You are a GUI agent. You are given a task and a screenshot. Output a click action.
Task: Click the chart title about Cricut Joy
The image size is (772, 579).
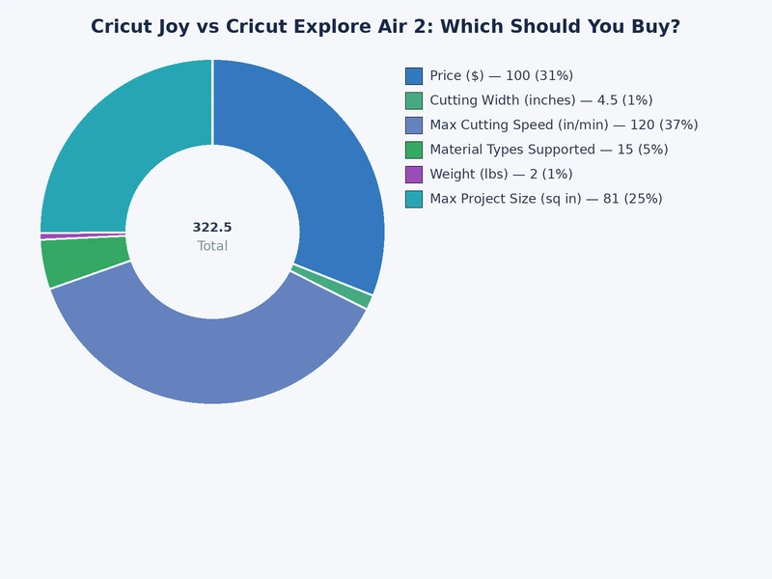[385, 27]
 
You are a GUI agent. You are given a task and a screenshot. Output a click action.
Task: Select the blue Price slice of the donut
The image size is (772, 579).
[318, 154]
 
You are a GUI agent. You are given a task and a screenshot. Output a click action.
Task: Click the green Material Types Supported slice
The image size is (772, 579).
[85, 262]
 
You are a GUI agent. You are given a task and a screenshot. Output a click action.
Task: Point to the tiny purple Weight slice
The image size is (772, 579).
[83, 235]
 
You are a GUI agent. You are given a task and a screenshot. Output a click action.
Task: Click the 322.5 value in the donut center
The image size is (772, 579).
[212, 228]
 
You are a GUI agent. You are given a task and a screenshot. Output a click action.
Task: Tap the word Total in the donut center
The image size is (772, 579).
[212, 246]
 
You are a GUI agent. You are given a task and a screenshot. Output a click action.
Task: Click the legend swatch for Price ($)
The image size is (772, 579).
[414, 75]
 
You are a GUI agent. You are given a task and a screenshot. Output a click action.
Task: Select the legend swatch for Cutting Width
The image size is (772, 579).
[414, 100]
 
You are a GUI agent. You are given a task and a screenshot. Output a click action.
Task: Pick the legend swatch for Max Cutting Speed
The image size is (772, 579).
[414, 124]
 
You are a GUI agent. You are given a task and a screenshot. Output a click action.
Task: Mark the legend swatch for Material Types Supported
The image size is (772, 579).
[414, 150]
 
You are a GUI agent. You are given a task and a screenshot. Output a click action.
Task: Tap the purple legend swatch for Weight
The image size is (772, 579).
[414, 174]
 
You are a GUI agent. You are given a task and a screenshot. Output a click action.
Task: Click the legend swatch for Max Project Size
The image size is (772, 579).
[414, 199]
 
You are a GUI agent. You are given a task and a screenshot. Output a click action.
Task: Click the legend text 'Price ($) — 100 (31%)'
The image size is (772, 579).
[501, 75]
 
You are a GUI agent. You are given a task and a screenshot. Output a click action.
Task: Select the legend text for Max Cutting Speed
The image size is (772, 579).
[564, 124]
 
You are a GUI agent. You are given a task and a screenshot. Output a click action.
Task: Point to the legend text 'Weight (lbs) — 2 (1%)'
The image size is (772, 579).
[501, 174]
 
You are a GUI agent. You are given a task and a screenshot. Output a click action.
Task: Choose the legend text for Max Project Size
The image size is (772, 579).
[545, 199]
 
